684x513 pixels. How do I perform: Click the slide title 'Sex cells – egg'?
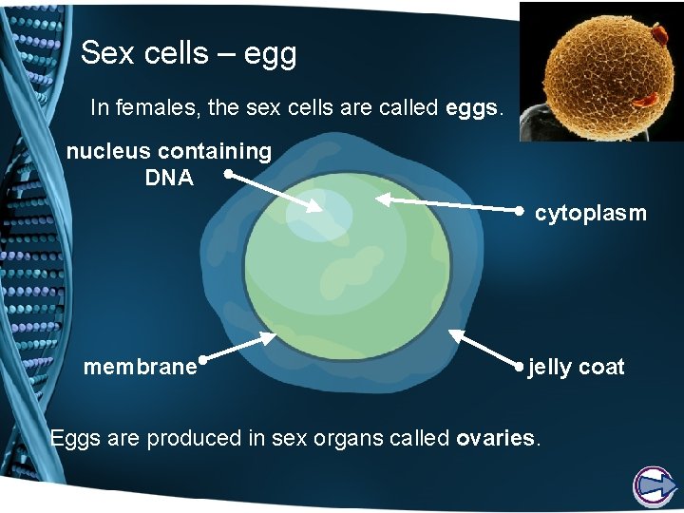[188, 53]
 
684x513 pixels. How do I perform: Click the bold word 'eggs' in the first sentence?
[469, 108]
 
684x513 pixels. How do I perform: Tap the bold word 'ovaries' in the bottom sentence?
[497, 439]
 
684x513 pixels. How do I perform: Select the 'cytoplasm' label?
[590, 214]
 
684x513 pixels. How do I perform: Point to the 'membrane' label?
[140, 367]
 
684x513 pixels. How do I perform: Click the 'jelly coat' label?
[576, 367]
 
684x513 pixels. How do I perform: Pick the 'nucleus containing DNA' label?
[169, 163]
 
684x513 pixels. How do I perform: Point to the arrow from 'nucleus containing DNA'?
[275, 192]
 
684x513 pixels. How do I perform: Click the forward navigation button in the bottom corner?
[654, 486]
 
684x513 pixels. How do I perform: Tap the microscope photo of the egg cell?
[601, 70]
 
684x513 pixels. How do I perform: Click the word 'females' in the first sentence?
[166, 108]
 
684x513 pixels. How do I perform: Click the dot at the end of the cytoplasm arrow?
[521, 210]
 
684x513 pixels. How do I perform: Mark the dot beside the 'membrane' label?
[203, 360]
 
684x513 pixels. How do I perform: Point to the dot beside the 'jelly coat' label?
[520, 365]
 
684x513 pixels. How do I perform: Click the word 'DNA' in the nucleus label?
[169, 177]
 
